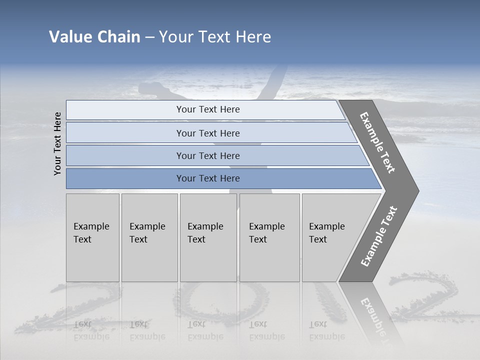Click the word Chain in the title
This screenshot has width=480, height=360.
click(119, 37)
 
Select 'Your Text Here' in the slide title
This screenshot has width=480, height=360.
click(215, 37)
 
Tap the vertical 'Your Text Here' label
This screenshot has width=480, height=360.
click(58, 144)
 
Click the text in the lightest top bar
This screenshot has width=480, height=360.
click(208, 109)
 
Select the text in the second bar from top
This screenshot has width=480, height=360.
click(208, 133)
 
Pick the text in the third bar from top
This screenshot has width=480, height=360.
click(208, 156)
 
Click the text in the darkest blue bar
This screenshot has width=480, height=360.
click(208, 178)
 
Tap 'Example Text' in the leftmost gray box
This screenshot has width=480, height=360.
click(91, 233)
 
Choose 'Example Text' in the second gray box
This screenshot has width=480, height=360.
click(147, 233)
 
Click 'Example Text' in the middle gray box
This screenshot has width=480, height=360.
click(205, 233)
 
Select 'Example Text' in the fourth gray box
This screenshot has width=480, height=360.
click(266, 233)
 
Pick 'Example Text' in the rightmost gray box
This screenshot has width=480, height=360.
click(326, 233)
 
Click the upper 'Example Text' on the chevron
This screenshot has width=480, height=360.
click(377, 142)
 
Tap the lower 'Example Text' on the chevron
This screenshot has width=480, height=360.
click(379, 236)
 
